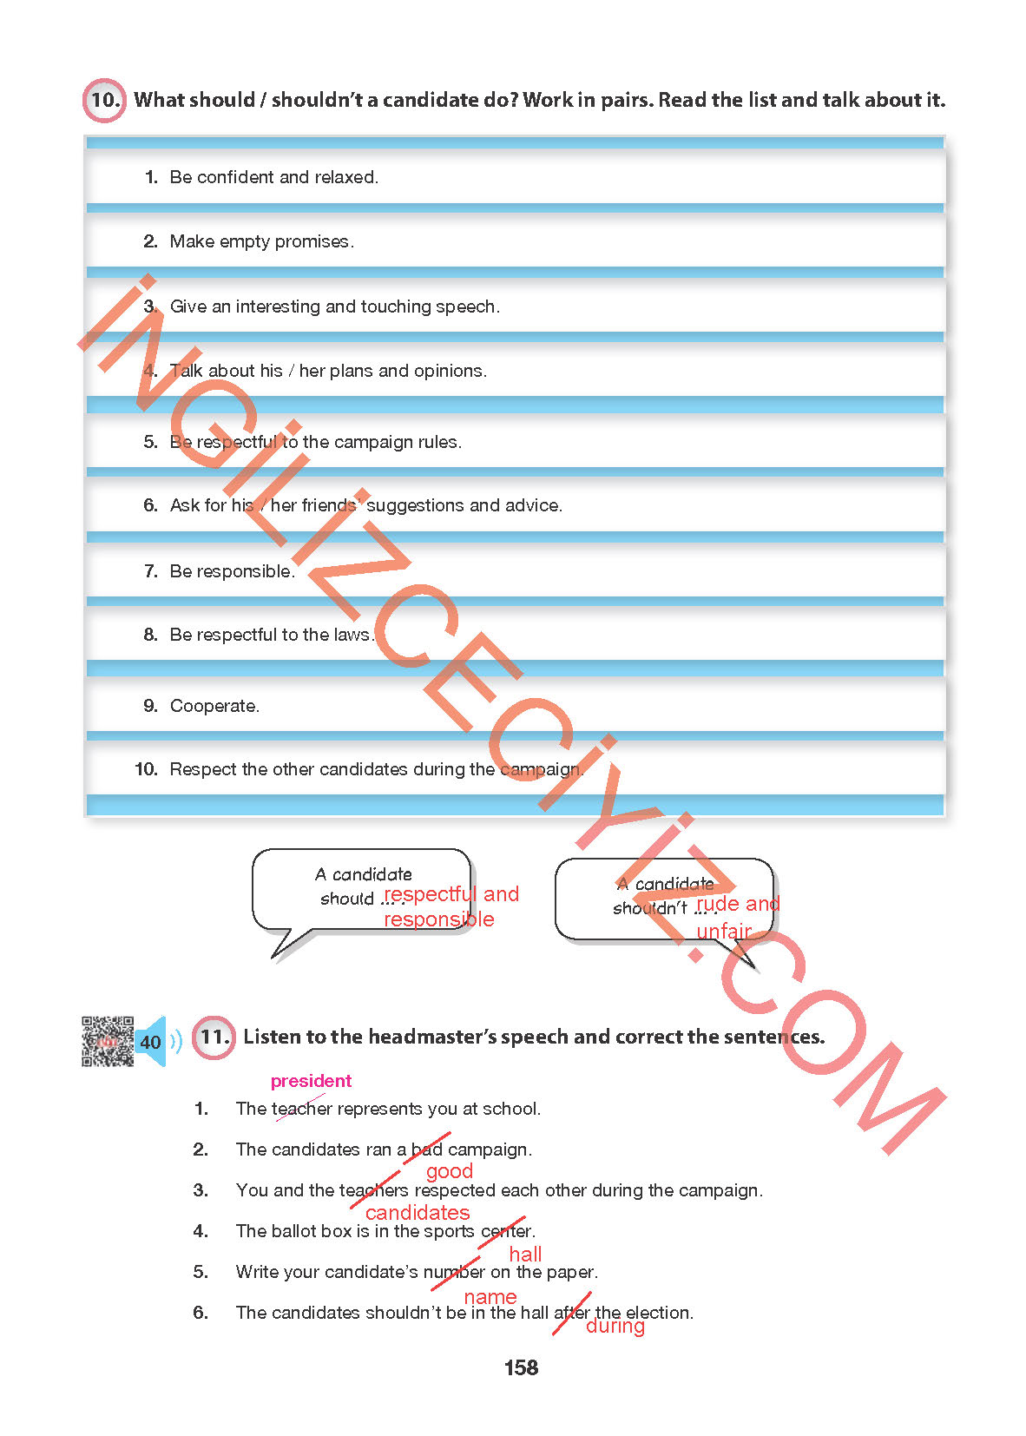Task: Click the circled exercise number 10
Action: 104,100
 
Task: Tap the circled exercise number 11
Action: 214,1037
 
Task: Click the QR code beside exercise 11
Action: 108,1041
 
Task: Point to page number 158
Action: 521,1367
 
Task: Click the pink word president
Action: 311,1081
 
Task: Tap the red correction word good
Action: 449,1171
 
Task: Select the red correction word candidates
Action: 418,1213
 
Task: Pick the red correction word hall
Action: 525,1255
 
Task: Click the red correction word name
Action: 490,1297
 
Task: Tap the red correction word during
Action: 615,1326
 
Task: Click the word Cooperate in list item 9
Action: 214,706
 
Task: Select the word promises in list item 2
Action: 312,241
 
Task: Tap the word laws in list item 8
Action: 352,635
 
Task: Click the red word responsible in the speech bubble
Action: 439,919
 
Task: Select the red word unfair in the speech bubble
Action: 724,932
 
